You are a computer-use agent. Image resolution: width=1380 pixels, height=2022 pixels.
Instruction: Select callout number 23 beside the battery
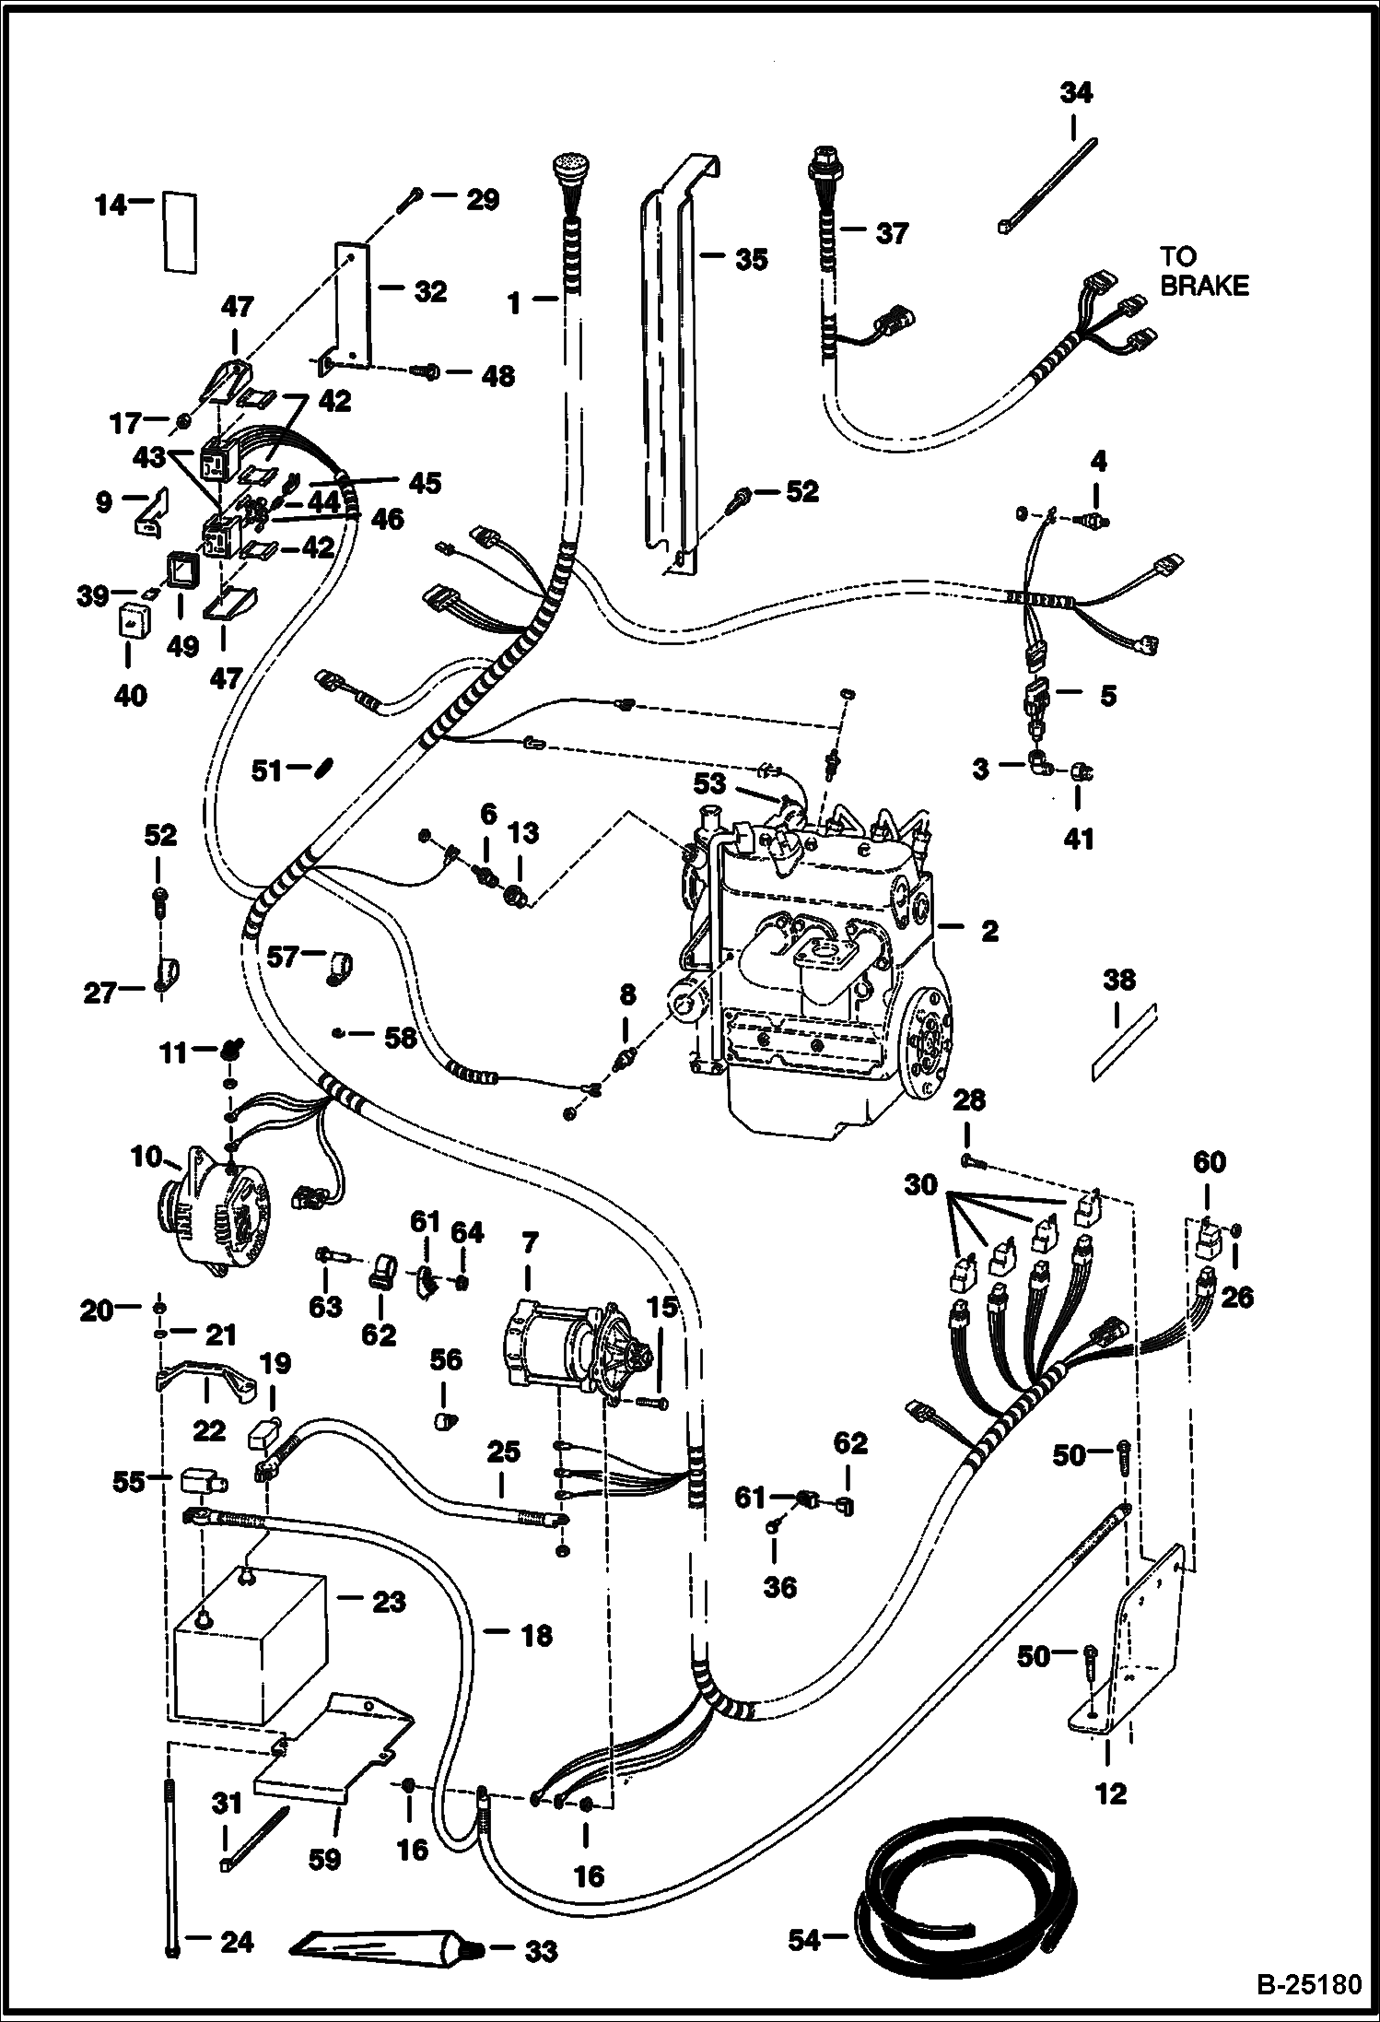pos(387,1603)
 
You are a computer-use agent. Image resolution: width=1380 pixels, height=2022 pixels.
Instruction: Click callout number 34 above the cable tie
pos(1075,93)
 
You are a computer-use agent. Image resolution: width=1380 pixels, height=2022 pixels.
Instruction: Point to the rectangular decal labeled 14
pos(181,232)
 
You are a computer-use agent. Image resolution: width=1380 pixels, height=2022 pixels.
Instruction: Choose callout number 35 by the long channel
pos(751,259)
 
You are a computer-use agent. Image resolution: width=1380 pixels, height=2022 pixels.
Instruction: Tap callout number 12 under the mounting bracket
pos(1112,1794)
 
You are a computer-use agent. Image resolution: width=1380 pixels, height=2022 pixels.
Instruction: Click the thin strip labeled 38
pos(1124,1040)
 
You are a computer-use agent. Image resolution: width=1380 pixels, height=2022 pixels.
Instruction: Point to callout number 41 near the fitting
pos(1079,839)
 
